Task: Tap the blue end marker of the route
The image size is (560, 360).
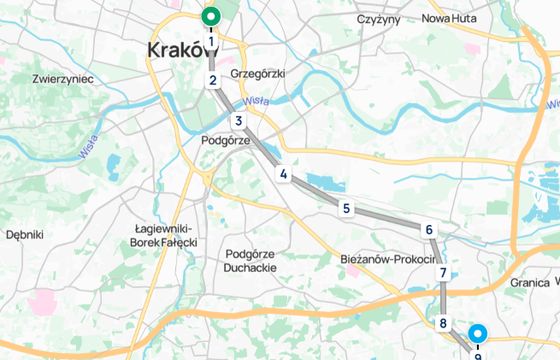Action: pos(478,334)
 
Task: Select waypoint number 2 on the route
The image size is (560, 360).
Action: pos(213,81)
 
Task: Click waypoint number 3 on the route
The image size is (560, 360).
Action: pos(239,121)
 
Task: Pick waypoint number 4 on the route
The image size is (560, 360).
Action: pos(284,175)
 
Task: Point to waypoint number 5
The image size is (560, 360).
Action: pos(346,208)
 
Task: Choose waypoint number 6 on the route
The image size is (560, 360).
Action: pos(429,230)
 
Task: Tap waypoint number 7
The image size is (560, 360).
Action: pos(442,272)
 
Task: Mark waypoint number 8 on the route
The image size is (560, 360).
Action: pos(442,323)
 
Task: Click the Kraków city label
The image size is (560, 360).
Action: pos(182,50)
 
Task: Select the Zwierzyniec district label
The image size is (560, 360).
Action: pos(63,78)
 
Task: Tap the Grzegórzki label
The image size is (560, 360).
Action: pos(259,74)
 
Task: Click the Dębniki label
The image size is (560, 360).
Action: pos(25,235)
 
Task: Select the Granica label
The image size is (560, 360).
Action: pos(529,283)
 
